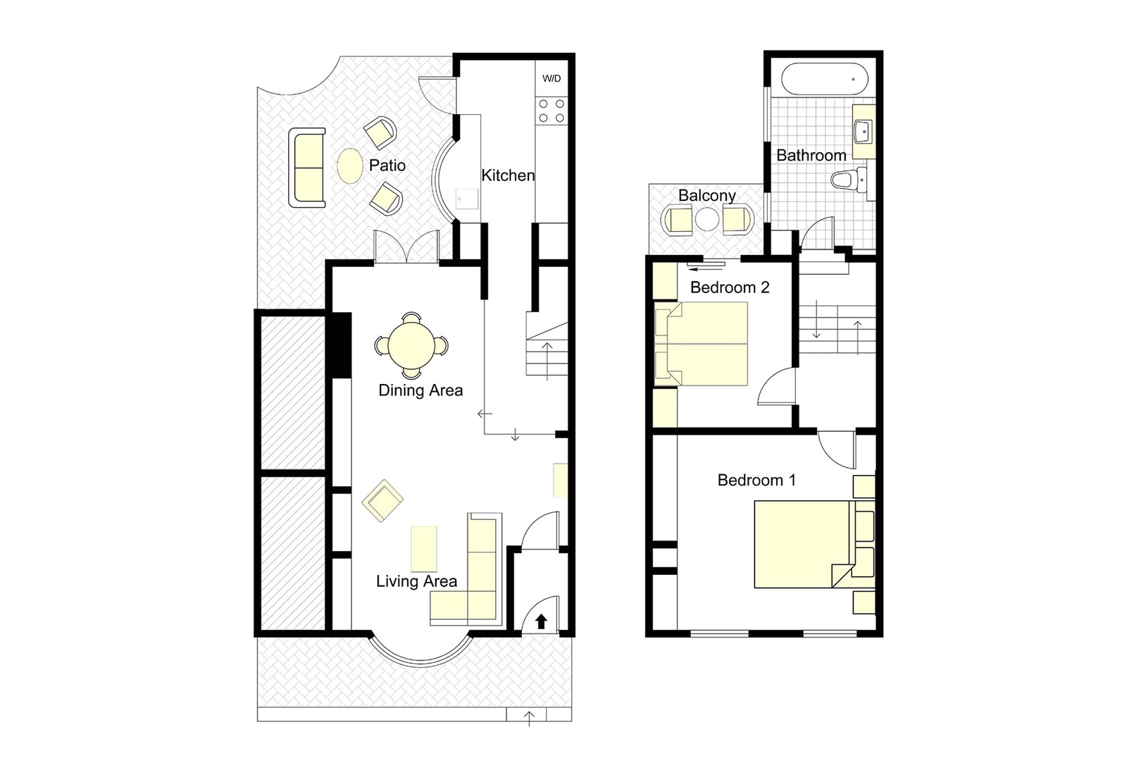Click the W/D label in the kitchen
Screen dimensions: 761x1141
click(551, 78)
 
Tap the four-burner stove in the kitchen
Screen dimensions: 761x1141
click(551, 111)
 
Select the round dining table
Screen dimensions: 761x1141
click(411, 345)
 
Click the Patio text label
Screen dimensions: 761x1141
click(387, 165)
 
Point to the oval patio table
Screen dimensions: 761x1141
click(350, 166)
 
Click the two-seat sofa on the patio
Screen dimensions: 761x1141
click(307, 168)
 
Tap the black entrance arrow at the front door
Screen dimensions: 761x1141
click(541, 621)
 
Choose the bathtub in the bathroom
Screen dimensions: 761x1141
click(821, 79)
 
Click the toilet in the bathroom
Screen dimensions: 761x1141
click(848, 180)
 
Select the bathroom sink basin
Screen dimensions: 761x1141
click(863, 130)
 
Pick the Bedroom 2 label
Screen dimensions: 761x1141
click(730, 287)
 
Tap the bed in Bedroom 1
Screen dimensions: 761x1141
click(803, 543)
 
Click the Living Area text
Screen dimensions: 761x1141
click(416, 581)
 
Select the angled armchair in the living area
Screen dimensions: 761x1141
click(382, 501)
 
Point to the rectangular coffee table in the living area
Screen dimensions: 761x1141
click(423, 549)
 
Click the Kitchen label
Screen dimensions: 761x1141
click(508, 175)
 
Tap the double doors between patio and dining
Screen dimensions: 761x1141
click(406, 247)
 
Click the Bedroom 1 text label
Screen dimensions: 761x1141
click(756, 480)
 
